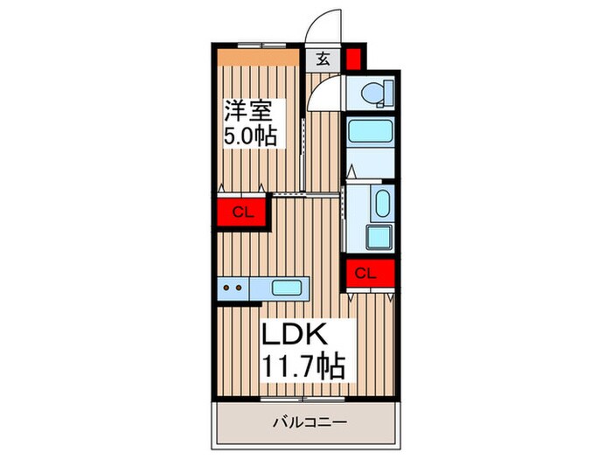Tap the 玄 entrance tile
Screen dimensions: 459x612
click(323, 59)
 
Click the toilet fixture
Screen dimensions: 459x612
click(372, 93)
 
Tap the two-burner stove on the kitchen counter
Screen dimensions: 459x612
click(233, 287)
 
